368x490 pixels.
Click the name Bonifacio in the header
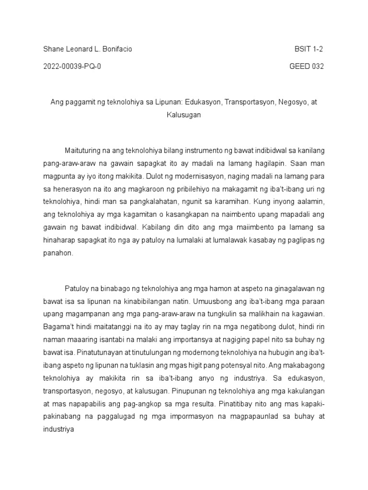tap(115, 49)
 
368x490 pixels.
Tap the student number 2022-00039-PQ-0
tap(72, 67)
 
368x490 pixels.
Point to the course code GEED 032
tap(307, 67)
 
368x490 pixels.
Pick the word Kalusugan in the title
tap(184, 115)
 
